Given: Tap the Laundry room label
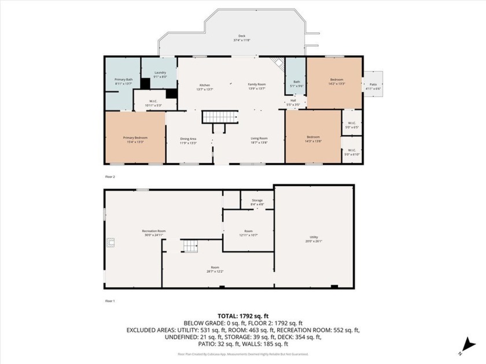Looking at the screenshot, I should [160, 75].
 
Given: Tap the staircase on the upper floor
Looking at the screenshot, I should [220, 118].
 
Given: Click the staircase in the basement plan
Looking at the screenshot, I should [192, 247].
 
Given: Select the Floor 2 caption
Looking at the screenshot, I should [110, 177].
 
